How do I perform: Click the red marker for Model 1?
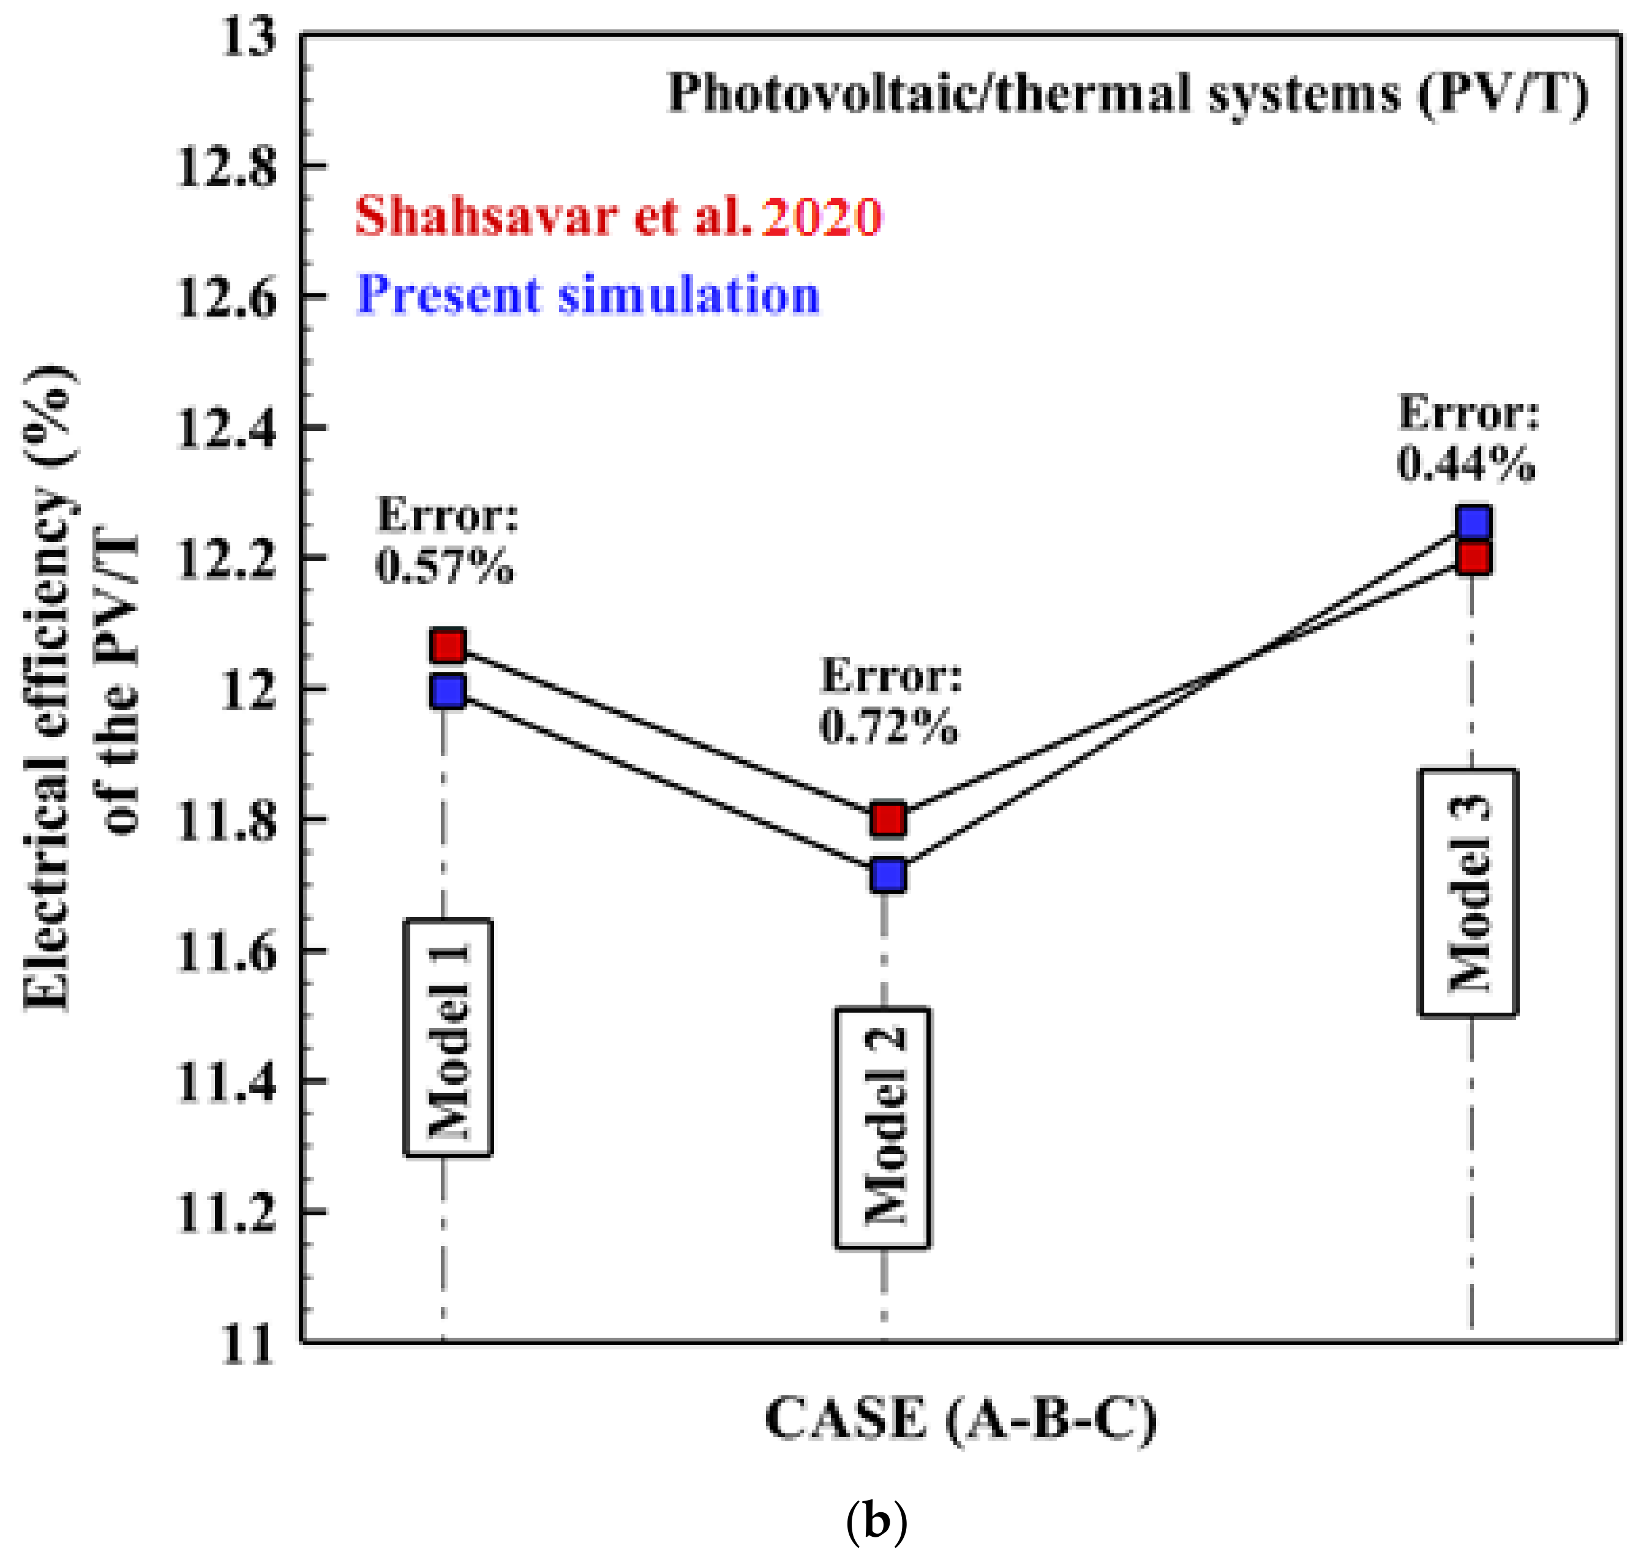pos(448,646)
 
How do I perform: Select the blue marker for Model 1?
pos(448,691)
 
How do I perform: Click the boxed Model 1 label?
pos(448,1038)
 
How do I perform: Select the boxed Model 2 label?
pos(882,1128)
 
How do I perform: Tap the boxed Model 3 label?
pos(1468,892)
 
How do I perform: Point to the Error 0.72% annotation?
pos(890,701)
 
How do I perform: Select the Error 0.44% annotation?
pos(1467,438)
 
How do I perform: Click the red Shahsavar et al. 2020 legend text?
pos(618,217)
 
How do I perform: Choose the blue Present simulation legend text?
pos(588,295)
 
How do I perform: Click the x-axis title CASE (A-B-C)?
pos(961,1418)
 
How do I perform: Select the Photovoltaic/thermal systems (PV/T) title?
pos(1128,93)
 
